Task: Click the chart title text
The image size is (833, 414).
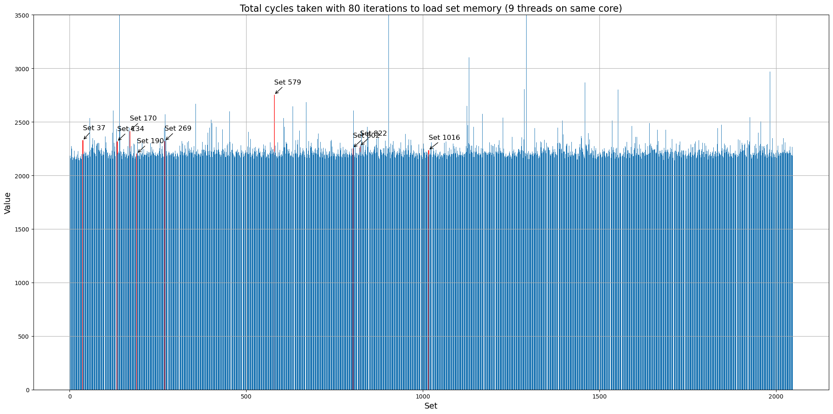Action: click(x=431, y=8)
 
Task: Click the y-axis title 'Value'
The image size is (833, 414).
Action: click(x=8, y=203)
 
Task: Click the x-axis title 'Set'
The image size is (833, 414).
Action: click(x=431, y=406)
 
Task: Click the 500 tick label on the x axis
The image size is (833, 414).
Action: click(x=246, y=396)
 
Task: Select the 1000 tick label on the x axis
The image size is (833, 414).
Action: click(x=423, y=396)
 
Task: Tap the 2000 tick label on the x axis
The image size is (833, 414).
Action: click(x=776, y=396)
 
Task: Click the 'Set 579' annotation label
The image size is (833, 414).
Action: click(x=288, y=82)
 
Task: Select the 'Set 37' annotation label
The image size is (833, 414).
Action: click(x=94, y=128)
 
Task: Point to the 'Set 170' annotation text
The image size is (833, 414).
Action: click(x=143, y=118)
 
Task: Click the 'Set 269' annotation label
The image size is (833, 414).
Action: click(x=178, y=129)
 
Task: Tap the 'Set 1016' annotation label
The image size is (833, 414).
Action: click(x=444, y=138)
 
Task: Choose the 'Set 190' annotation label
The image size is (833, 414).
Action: click(x=150, y=141)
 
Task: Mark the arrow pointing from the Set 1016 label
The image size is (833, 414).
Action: click(x=434, y=146)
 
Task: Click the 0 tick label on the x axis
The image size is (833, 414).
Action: click(x=69, y=396)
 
